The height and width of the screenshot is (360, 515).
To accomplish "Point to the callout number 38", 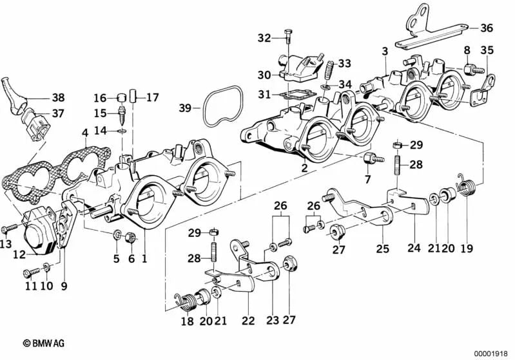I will point(58,98).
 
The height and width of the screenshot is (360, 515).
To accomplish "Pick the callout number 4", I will point(84,133).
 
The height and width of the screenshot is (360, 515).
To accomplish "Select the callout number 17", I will point(152,99).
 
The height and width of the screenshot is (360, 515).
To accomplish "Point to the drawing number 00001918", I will point(493,352).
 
